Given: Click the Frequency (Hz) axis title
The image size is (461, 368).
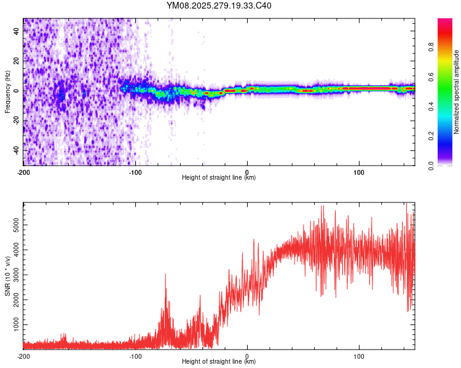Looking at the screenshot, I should click(x=7, y=92).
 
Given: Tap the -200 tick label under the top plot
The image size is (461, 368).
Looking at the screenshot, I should click(x=23, y=172).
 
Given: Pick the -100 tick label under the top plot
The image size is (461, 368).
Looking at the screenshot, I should click(x=135, y=172).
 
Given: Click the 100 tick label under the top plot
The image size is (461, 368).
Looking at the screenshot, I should click(x=359, y=172).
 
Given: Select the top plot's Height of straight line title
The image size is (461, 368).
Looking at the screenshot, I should click(x=219, y=178).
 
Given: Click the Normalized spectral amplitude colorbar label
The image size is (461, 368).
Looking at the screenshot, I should click(x=457, y=92).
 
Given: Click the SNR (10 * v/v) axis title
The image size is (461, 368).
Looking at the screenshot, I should click(x=7, y=276).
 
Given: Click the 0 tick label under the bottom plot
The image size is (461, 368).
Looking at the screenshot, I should click(x=247, y=356).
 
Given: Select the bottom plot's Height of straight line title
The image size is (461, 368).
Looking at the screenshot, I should click(x=219, y=362).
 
